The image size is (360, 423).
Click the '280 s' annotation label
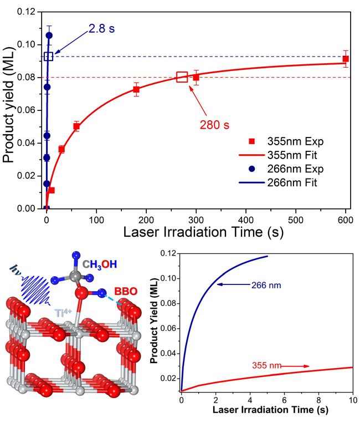[214, 124]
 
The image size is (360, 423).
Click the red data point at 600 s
[346, 59]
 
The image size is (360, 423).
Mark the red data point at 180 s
[136, 89]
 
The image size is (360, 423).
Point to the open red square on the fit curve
[182, 77]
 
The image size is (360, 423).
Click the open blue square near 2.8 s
[48, 56]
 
